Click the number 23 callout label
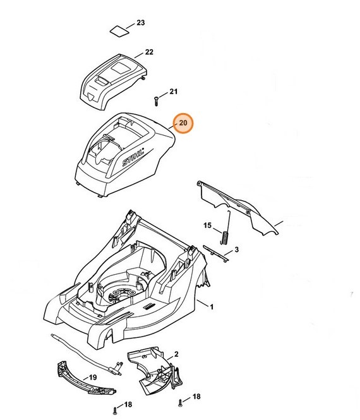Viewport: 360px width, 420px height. [x=141, y=23]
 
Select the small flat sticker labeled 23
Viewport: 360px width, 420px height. [x=120, y=30]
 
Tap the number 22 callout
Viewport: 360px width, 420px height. [x=149, y=52]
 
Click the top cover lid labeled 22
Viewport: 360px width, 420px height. [x=114, y=81]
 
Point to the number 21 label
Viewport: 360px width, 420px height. [x=173, y=92]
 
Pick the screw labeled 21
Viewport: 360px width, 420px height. [x=157, y=102]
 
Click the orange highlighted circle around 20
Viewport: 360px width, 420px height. [x=183, y=123]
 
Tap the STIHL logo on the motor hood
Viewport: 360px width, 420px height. [x=133, y=157]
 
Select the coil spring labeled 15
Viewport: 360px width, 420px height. [x=226, y=228]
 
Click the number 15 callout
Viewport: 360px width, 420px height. [x=207, y=225]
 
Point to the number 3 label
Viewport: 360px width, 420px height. [x=236, y=249]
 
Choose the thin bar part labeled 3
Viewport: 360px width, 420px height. [x=215, y=253]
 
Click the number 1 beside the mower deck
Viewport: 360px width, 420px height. [x=212, y=307]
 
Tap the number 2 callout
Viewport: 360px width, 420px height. [x=176, y=354]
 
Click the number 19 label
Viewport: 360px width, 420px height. [x=92, y=378]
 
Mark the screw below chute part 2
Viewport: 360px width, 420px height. [x=180, y=402]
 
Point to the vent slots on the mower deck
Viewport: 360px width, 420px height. [x=148, y=306]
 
